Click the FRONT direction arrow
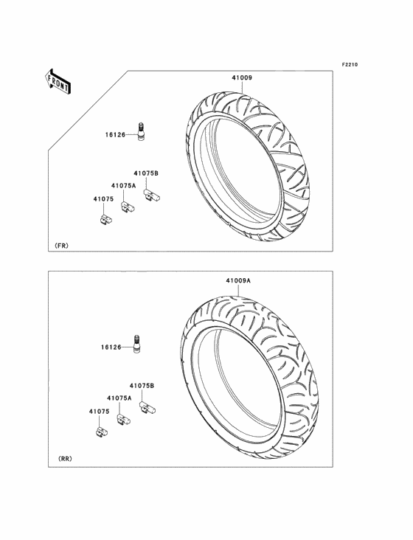57,81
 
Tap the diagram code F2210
350,64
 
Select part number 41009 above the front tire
242,78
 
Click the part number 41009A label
238,280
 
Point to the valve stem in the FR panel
141,131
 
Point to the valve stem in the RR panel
136,344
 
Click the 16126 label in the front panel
115,135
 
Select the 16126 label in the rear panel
111,347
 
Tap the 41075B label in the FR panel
146,173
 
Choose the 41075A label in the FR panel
124,186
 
